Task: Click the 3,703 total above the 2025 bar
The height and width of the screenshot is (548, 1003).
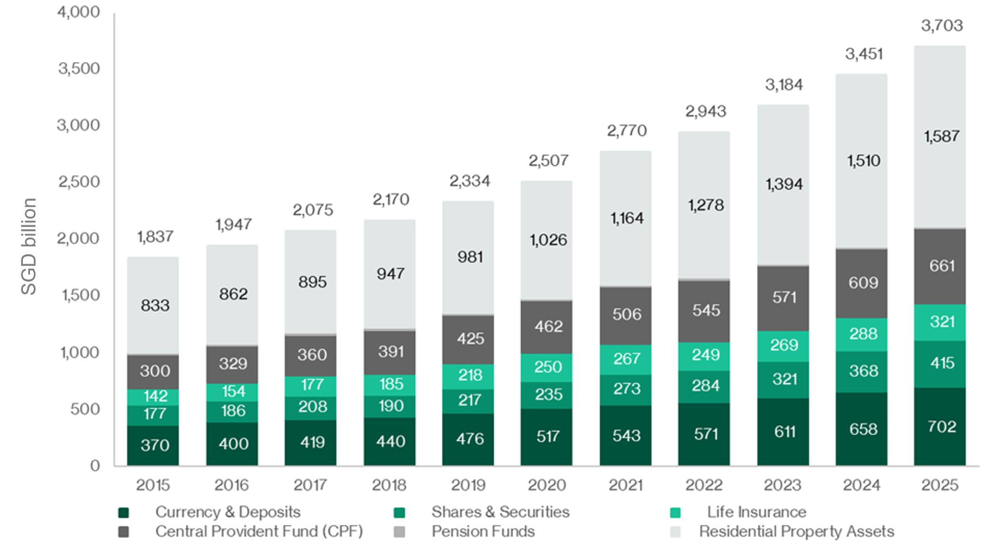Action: (x=942, y=26)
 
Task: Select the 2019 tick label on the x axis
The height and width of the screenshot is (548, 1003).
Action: (x=468, y=485)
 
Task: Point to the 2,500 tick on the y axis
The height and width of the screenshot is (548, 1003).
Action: (x=79, y=182)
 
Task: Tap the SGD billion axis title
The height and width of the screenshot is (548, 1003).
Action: (x=29, y=246)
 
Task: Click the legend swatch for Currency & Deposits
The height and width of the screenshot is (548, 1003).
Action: (x=124, y=513)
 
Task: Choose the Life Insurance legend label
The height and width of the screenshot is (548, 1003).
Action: (x=756, y=512)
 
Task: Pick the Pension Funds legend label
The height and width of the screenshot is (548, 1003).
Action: (x=483, y=532)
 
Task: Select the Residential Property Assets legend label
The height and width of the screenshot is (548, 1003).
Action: (x=796, y=532)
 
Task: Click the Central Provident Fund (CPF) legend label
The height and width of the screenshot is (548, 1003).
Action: (x=259, y=532)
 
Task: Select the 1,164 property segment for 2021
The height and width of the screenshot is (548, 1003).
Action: (x=627, y=219)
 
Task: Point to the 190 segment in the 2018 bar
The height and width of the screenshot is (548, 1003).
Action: (x=391, y=406)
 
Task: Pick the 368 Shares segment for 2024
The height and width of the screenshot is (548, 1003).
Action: (x=863, y=371)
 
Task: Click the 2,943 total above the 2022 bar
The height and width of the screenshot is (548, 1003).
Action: (x=705, y=112)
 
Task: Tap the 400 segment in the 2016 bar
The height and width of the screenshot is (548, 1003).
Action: (x=233, y=444)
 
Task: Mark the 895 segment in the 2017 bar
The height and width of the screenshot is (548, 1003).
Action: (x=312, y=282)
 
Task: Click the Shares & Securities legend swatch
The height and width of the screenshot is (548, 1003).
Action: (x=400, y=513)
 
